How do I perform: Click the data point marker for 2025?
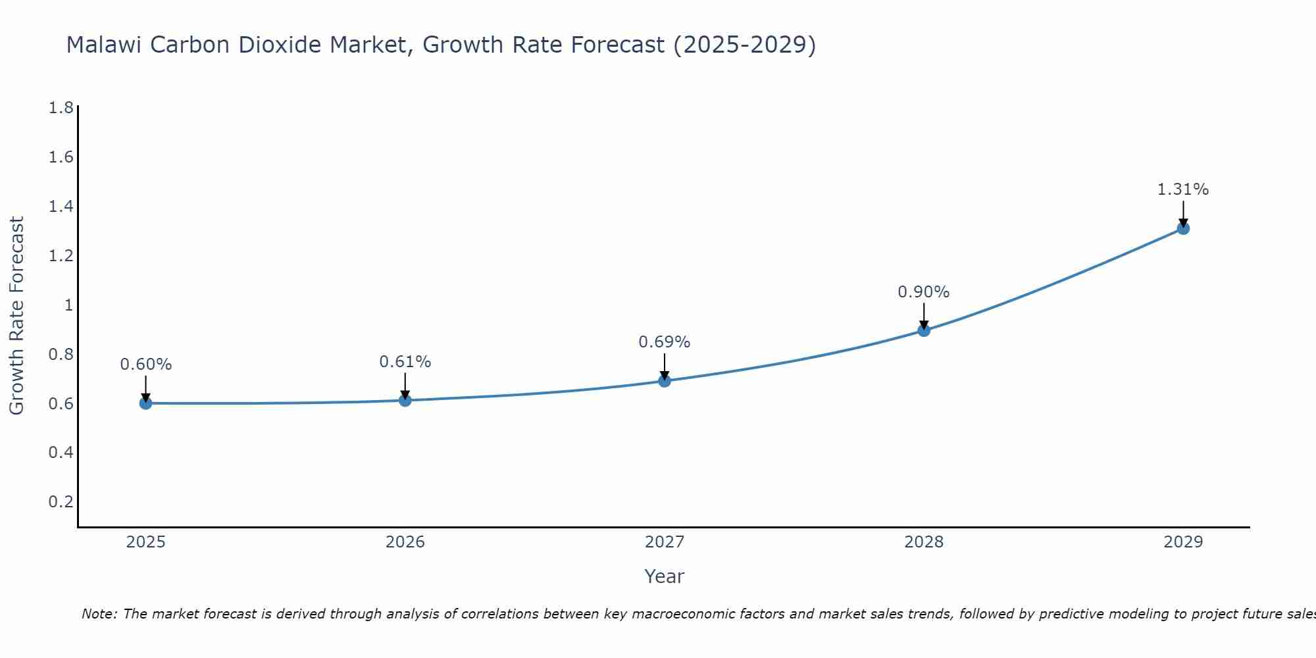click(x=145, y=403)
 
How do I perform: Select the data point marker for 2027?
click(x=665, y=381)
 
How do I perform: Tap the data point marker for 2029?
click(x=1183, y=228)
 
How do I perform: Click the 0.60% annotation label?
click(x=146, y=365)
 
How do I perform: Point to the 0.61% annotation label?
click(x=405, y=362)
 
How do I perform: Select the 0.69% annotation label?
click(x=665, y=342)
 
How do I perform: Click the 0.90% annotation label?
click(x=924, y=292)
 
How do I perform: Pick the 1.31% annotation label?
click(x=1183, y=190)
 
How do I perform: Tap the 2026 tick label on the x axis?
click(x=405, y=542)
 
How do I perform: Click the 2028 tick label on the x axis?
click(x=924, y=542)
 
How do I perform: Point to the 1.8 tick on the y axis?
click(x=61, y=108)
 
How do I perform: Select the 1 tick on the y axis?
click(x=68, y=305)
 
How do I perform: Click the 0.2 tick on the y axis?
click(x=61, y=502)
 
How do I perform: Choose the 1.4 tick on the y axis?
click(x=61, y=207)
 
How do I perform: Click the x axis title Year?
click(x=665, y=576)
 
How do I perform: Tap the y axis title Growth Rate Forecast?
click(x=17, y=316)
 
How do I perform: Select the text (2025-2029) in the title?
click(x=744, y=45)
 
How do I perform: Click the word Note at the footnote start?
click(x=99, y=614)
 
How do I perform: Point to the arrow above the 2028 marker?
click(x=924, y=316)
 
